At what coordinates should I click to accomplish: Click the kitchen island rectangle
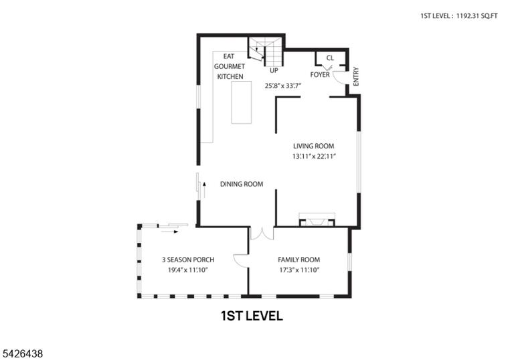[242, 102]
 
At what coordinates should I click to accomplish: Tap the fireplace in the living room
[317, 220]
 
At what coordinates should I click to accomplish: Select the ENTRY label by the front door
[356, 77]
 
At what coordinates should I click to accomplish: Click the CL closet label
[330, 58]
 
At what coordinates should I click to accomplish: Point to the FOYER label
[320, 75]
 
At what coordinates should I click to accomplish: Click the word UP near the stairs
[274, 70]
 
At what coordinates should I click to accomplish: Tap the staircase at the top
[265, 52]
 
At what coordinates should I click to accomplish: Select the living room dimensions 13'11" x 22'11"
[315, 157]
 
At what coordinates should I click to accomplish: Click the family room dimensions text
[299, 270]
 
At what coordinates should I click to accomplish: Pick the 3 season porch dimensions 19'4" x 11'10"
[188, 270]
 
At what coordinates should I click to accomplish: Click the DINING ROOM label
[242, 184]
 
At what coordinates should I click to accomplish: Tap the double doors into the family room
[262, 233]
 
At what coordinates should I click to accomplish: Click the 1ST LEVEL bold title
[252, 316]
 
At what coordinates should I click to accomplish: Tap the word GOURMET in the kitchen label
[230, 66]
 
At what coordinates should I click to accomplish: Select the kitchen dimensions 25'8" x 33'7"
[283, 86]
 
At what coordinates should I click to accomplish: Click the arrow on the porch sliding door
[169, 232]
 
